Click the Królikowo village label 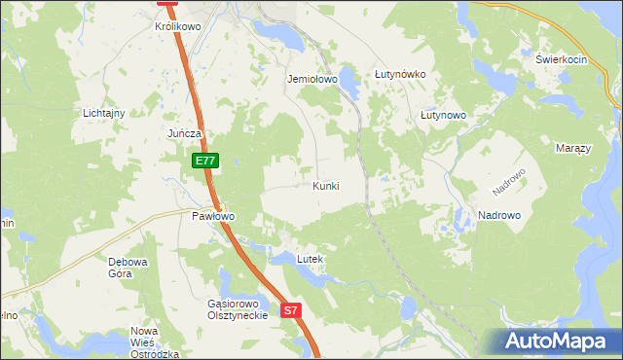pos(177,27)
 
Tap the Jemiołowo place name pos(311,79)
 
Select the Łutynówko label pos(401,74)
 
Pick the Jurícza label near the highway pos(184,133)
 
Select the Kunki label pos(326,185)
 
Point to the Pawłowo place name pos(212,216)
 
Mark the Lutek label pos(309,260)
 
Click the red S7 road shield pos(292,311)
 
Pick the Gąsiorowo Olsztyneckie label pos(238,310)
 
